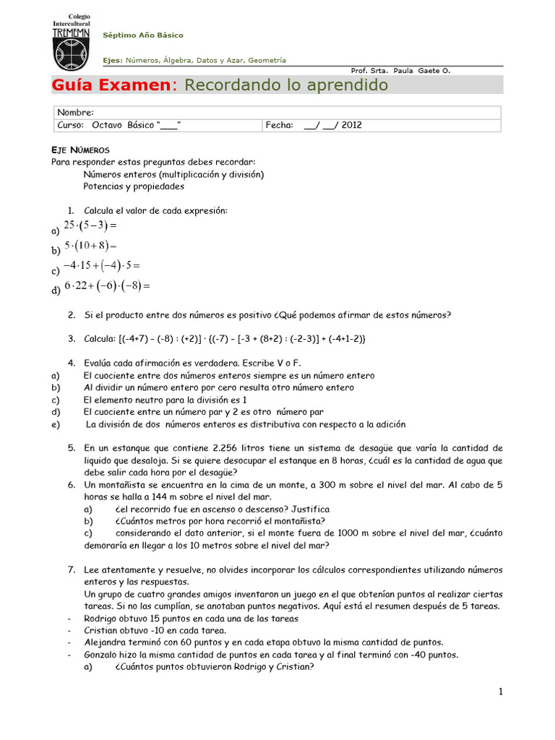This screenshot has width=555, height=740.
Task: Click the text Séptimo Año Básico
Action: (x=143, y=35)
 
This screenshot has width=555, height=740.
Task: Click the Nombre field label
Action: (x=75, y=112)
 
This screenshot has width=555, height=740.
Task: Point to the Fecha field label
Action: (x=279, y=125)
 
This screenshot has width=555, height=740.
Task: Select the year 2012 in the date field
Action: (x=352, y=125)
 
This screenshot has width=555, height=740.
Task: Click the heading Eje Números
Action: (x=80, y=149)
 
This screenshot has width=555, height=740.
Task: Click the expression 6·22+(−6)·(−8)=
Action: (x=106, y=285)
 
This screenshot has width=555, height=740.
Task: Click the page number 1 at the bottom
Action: (x=499, y=692)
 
